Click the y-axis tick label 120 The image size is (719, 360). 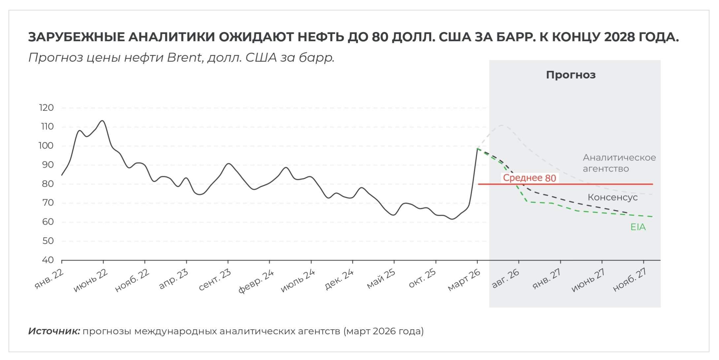click(46, 108)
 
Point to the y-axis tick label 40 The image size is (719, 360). click(48, 260)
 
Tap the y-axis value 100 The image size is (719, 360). click(46, 146)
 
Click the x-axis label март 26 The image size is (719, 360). click(464, 280)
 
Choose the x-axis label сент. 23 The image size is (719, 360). click(215, 280)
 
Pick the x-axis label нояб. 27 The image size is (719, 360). click(630, 280)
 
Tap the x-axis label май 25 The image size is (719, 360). click(381, 279)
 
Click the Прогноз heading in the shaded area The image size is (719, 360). click(571, 75)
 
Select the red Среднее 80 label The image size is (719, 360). click(529, 178)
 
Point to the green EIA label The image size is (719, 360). click(638, 227)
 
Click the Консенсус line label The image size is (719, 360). click(612, 197)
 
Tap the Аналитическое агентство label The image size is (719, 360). click(619, 163)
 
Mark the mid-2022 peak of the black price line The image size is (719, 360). click(103, 121)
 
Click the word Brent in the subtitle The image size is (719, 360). click(184, 58)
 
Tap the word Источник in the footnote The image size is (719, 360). click(54, 331)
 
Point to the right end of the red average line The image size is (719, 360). click(652, 184)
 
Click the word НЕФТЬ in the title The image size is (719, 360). click(321, 37)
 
